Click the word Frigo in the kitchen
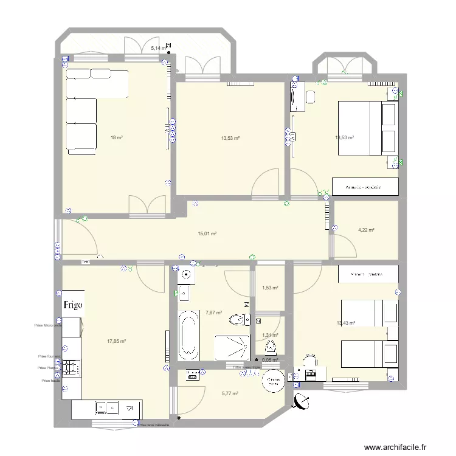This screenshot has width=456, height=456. point(71,305)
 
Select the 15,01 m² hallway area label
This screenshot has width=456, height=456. point(207,233)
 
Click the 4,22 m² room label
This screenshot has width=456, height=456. point(366,230)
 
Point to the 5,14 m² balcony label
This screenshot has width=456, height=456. point(158,47)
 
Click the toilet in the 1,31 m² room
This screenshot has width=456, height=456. point(270,347)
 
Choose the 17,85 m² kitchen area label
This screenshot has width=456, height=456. point(116,341)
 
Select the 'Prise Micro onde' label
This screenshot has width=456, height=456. point(49,325)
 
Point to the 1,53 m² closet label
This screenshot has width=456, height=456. point(270,288)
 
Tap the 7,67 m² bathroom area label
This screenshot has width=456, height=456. point(213,313)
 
